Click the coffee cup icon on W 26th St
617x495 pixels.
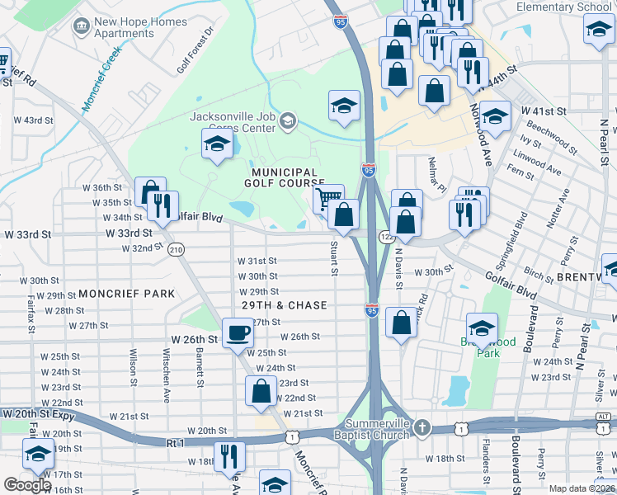point(238,332)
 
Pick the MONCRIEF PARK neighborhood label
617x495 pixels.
point(127,294)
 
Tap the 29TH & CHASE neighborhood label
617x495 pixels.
point(285,305)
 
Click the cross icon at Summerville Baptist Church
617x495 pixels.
point(422,427)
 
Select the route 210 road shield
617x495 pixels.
point(175,249)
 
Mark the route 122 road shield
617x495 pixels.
point(386,238)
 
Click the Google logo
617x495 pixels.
point(27,484)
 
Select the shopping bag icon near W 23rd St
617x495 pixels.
point(261,391)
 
